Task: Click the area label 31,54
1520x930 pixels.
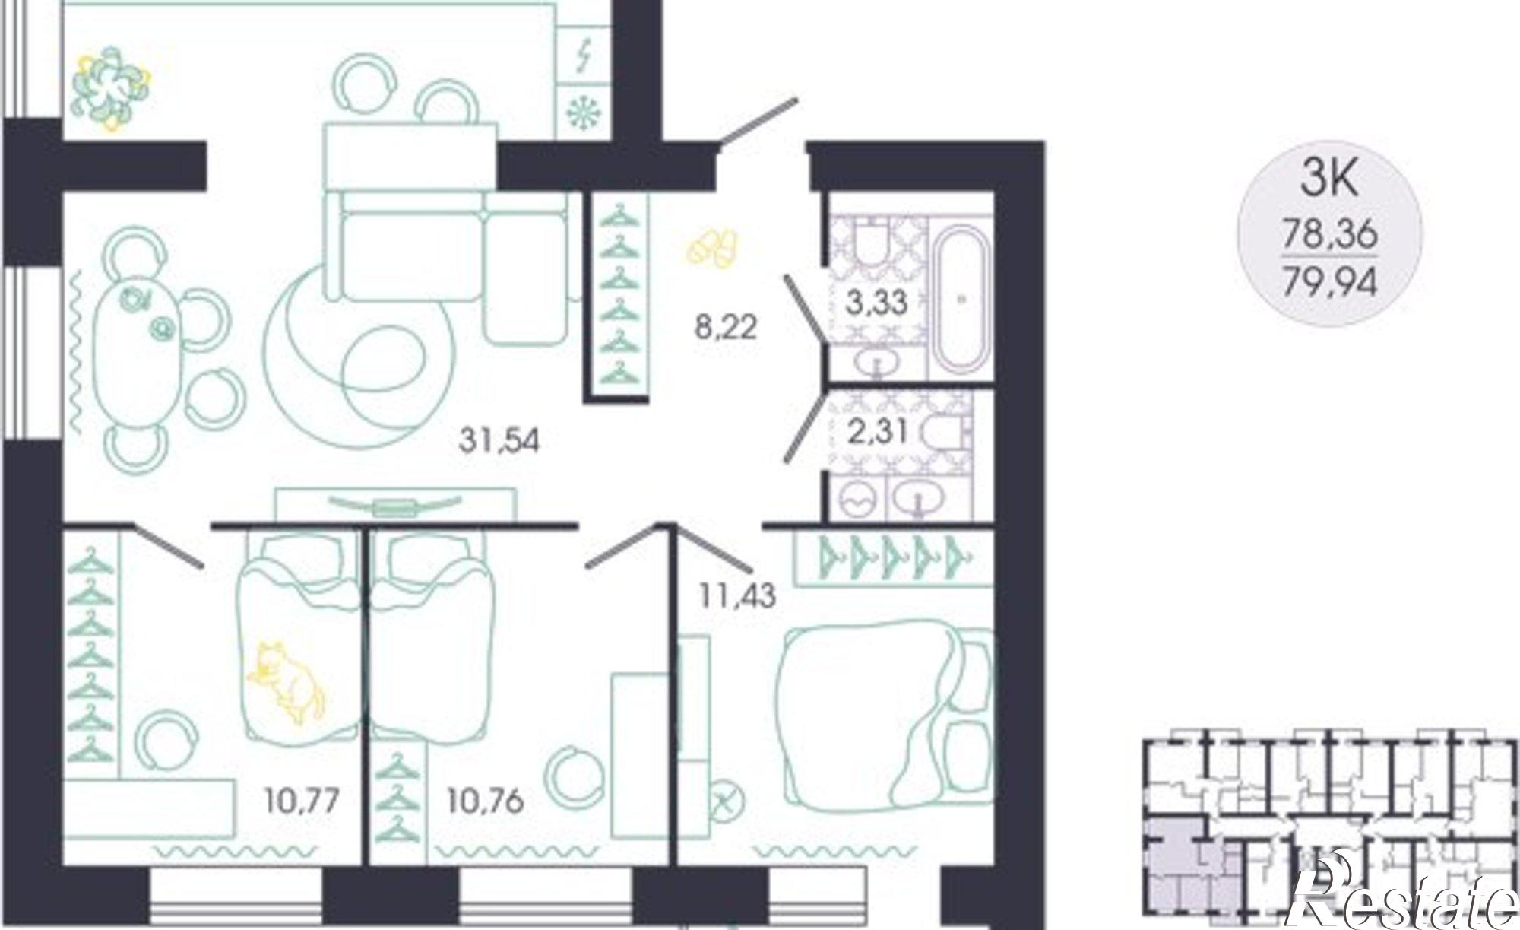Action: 499,440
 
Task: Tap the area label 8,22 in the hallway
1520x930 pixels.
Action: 725,328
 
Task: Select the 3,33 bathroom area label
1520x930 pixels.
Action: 876,302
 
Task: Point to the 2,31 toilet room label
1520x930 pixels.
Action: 876,432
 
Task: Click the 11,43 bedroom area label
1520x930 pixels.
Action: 738,595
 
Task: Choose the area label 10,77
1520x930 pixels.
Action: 302,801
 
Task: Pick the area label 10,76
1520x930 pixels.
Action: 486,801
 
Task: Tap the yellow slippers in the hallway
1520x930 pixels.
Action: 711,246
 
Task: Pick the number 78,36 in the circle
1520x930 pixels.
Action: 1329,234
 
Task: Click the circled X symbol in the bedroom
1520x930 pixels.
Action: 728,801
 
